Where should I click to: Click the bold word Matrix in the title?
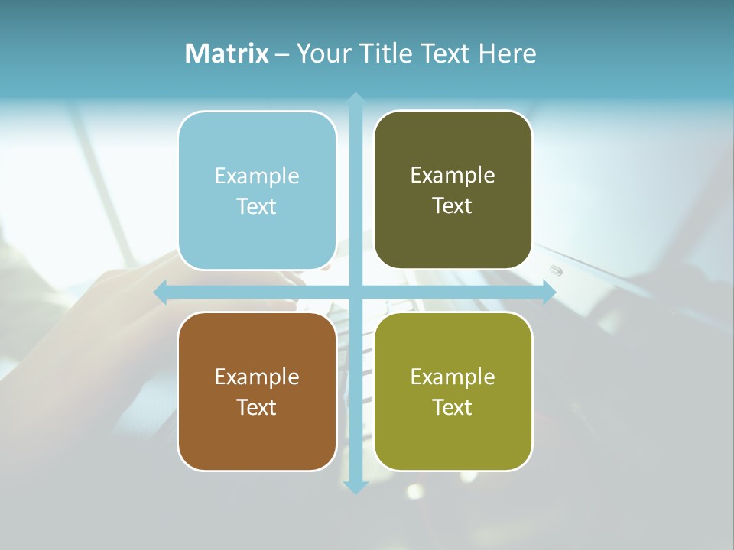(x=226, y=53)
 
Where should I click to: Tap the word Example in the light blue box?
(x=257, y=176)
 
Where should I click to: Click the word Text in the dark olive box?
(x=453, y=206)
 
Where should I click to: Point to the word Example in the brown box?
(x=257, y=377)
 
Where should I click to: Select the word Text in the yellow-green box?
(x=453, y=407)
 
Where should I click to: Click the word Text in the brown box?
(x=257, y=407)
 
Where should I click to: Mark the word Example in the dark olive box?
(x=453, y=176)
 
